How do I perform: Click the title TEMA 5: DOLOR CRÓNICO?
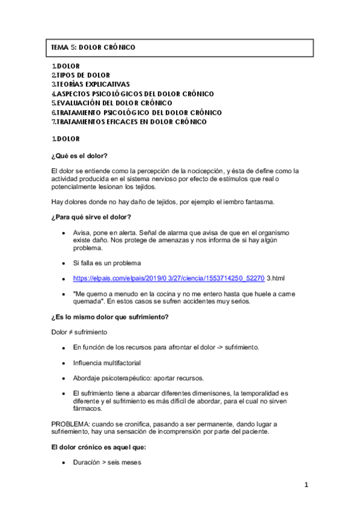point(93,47)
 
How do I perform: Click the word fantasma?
point(257,201)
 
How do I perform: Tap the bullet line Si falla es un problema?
point(107,263)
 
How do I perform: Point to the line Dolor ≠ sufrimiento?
point(78,331)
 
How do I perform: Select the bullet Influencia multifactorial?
point(107,363)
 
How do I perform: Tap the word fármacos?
point(87,408)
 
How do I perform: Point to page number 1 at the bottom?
point(306,485)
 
